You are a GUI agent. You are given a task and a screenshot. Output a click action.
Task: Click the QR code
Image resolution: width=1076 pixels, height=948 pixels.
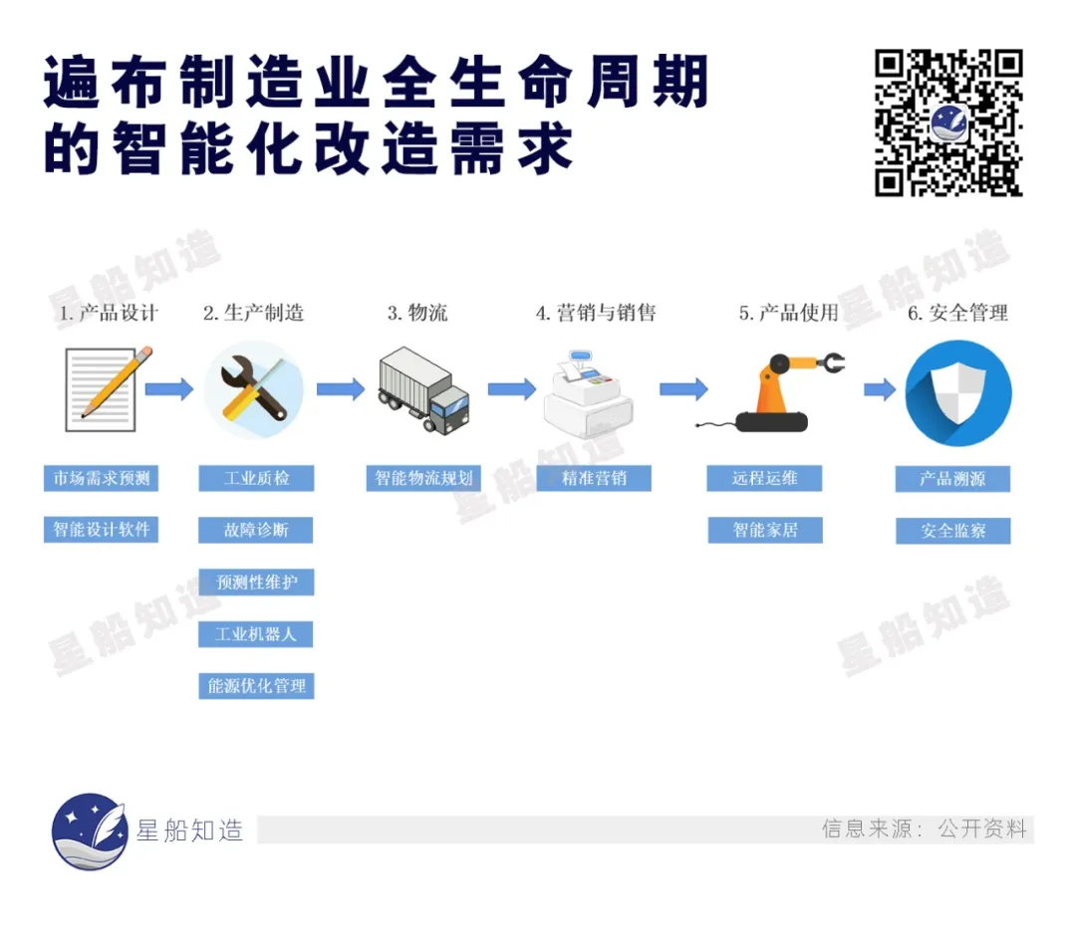[948, 122]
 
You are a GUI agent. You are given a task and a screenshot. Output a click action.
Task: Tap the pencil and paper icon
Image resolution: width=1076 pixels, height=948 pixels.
[108, 389]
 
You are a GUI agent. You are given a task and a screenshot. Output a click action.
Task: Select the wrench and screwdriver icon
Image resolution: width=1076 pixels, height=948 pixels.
[254, 389]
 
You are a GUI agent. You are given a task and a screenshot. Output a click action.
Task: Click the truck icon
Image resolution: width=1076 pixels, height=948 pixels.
[424, 390]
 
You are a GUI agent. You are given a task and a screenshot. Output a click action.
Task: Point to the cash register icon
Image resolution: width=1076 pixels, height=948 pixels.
[588, 394]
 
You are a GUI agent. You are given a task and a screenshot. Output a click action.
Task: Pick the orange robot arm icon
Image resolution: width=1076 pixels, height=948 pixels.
[771, 391]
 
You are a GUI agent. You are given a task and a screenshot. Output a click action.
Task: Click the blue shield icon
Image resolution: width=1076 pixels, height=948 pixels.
[958, 393]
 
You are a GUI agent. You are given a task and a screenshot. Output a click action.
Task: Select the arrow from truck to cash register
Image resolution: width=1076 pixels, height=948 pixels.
[512, 389]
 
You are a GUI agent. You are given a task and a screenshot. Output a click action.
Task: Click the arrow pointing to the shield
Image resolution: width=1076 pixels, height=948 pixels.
[880, 389]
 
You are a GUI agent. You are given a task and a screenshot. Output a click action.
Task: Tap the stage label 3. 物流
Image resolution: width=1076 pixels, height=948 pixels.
[417, 313]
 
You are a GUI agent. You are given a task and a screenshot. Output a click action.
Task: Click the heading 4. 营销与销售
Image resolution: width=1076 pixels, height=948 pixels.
[596, 313]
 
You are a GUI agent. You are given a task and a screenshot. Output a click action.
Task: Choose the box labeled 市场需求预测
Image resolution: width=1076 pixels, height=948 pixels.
[101, 478]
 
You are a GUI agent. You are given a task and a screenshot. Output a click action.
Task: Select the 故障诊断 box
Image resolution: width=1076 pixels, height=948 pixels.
[256, 530]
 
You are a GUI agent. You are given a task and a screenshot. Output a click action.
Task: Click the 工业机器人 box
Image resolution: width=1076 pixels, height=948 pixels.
[256, 634]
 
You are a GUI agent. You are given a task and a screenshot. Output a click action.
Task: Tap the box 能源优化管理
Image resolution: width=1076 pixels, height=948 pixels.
[257, 686]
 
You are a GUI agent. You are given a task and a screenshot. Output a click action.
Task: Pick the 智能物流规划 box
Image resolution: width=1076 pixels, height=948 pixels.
[423, 478]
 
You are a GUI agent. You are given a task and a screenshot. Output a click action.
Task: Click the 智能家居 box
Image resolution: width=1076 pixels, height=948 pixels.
[765, 530]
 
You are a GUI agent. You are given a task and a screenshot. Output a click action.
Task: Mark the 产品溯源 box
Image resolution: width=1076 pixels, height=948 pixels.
[953, 479]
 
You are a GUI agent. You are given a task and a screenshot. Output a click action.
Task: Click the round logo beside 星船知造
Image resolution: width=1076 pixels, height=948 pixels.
[90, 831]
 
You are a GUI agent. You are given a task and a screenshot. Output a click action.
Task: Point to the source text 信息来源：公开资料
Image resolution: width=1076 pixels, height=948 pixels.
[925, 829]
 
